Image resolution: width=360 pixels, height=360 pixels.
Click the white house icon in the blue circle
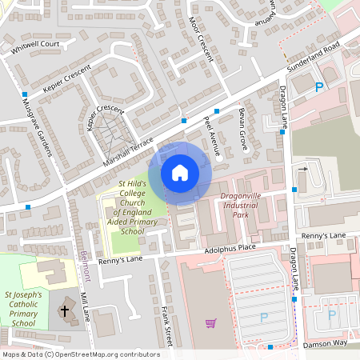tap(180, 172)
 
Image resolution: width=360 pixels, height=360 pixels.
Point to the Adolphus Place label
tap(229, 249)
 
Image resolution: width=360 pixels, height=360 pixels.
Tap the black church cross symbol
tap(66, 308)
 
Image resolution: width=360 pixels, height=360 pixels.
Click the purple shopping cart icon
tap(210, 323)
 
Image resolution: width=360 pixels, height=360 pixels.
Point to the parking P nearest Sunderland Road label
tap(319, 87)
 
